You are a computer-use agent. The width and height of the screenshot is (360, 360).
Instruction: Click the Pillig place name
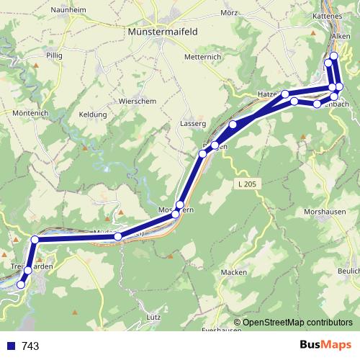[54, 55]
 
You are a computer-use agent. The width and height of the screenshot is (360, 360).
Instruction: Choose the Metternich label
[201, 56]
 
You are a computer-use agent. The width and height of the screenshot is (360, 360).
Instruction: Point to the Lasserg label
[192, 125]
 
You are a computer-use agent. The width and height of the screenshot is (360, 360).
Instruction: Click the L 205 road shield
[246, 185]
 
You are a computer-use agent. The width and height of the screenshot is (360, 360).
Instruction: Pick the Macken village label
[234, 272]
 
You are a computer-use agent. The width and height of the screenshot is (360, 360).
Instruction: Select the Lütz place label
[153, 317]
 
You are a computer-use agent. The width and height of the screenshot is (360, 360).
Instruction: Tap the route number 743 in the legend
[30, 346]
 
